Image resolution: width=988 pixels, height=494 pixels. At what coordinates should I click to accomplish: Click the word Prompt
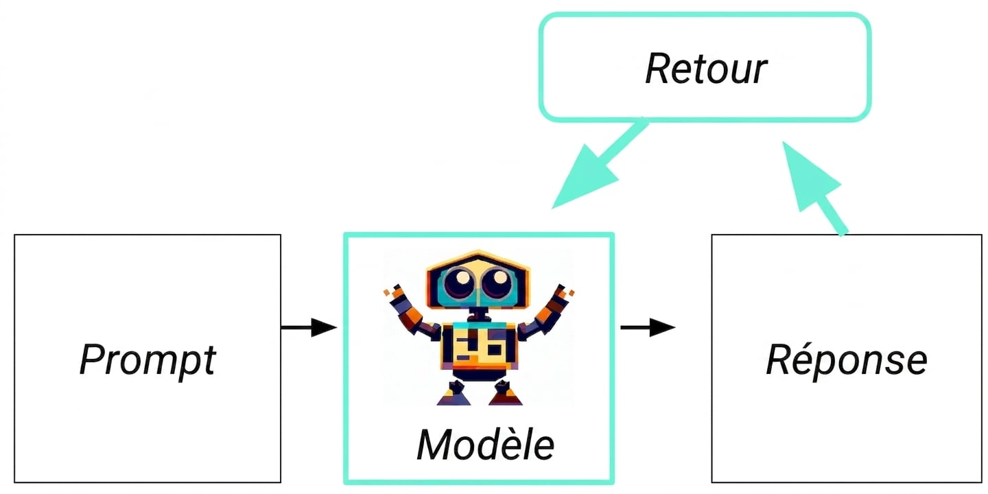148,360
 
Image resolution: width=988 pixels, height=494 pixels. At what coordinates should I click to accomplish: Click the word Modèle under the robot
486,445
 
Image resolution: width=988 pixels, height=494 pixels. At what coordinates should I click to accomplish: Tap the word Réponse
847,360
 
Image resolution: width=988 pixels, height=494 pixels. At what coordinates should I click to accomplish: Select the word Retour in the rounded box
706,69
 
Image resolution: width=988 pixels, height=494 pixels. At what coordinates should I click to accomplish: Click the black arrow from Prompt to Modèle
309,327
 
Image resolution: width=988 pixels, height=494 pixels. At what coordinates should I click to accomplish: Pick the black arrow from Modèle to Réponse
648,327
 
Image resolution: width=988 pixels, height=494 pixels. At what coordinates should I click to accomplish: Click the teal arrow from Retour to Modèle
600,163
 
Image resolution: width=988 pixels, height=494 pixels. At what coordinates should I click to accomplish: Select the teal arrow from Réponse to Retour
815,188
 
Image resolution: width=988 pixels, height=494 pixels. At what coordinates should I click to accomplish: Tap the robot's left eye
460,281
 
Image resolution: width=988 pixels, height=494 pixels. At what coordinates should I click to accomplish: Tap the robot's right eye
497,281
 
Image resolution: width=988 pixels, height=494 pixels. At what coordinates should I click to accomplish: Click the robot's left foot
454,394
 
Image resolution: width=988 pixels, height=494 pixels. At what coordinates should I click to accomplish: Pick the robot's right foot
506,394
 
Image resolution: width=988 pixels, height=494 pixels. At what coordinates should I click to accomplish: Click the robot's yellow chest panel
479,346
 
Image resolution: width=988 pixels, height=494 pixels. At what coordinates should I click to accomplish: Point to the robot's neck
479,314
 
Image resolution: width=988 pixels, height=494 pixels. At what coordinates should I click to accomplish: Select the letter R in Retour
658,69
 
